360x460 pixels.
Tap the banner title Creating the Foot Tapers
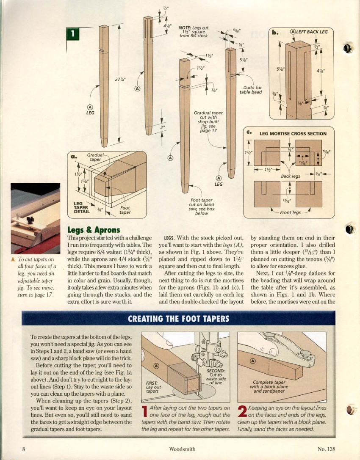point(178,319)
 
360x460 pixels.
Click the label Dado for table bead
point(251,90)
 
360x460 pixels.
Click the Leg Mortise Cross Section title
point(293,134)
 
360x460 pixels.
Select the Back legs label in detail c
point(291,176)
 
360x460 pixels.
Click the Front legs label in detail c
point(290,212)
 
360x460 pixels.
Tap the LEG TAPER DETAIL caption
point(80,208)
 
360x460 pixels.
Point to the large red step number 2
point(242,411)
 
